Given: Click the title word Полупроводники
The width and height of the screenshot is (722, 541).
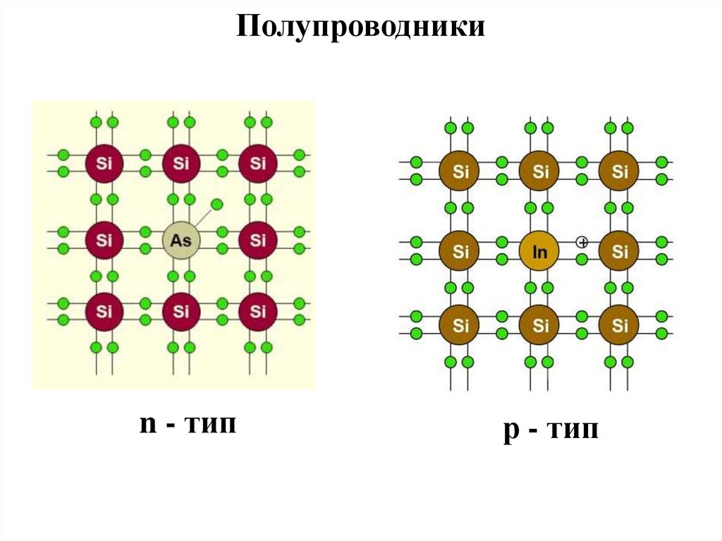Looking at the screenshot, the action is click(x=360, y=28).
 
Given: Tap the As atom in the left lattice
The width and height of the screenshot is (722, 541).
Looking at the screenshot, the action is click(x=181, y=241).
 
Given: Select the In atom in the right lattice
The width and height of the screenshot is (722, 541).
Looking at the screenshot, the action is click(x=540, y=250).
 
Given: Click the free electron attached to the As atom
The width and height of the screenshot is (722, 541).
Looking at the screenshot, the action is click(x=217, y=205).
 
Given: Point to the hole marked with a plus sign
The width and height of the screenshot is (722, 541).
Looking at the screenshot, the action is click(x=582, y=242).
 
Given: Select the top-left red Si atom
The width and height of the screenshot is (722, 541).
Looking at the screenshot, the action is click(x=104, y=164).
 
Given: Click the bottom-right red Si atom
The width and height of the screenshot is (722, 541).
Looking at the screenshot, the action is click(x=258, y=311).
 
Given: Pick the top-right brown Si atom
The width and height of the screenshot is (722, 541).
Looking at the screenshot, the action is click(x=620, y=171).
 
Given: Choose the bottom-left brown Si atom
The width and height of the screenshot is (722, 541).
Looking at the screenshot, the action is click(x=460, y=326).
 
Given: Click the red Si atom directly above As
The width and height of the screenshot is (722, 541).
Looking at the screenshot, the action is click(x=181, y=164).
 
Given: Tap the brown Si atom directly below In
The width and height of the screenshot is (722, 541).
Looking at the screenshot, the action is click(x=540, y=326).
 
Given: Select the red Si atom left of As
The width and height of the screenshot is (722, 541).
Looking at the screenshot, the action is click(x=104, y=241).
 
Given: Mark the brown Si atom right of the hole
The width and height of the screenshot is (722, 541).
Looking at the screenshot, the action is click(x=620, y=250).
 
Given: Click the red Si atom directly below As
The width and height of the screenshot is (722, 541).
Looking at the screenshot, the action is click(x=181, y=311).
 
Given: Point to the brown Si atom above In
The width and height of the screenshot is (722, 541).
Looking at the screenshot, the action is click(x=540, y=171).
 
